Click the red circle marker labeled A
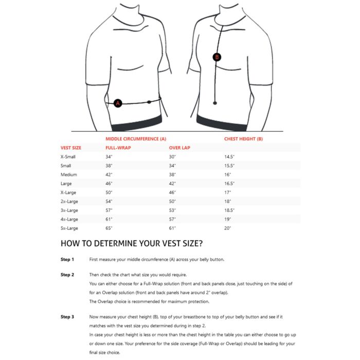pos(118,103)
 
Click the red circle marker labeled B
pos(217,57)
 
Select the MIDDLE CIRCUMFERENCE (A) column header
pos(136,139)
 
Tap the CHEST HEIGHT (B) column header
pos(243,139)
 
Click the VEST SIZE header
pos(71,148)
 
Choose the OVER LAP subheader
pos(179,148)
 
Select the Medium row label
pos(69,174)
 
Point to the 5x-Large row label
pos(70,228)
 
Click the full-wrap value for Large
pos(109,183)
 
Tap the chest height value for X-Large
pos(227,192)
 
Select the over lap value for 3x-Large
pos(173,210)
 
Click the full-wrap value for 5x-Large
pos(109,228)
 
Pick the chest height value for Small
pos(229,166)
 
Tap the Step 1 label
pos(67,260)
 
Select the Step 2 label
pos(67,275)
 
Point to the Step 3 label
pos(67,317)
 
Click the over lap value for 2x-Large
pos(173,201)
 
